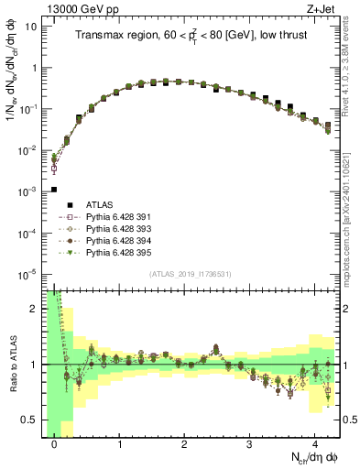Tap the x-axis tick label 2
pos(185,444)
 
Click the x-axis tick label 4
pos(315,444)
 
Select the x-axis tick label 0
pos(55,444)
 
